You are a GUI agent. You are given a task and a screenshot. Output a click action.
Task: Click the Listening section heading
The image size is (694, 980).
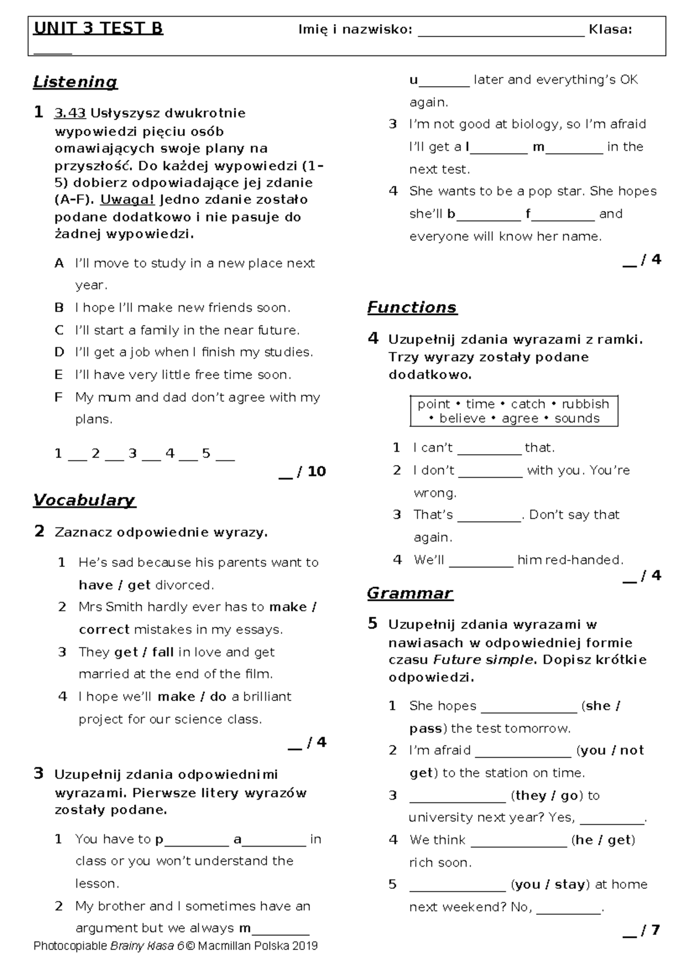[75, 82]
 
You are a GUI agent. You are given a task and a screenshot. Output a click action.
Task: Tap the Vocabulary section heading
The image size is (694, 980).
[84, 500]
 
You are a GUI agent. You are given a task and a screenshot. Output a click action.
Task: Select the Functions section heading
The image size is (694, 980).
[412, 307]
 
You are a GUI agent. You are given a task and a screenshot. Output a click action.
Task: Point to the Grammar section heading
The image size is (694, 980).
[409, 593]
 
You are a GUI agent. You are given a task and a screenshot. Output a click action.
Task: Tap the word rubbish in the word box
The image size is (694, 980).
[585, 404]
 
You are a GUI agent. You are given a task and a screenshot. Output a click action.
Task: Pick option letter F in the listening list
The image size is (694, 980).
[58, 398]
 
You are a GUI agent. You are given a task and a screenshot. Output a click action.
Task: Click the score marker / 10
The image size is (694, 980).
[311, 472]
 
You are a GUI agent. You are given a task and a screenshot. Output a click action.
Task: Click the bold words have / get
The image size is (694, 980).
[115, 585]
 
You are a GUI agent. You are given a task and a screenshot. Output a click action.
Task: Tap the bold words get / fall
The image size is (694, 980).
[144, 652]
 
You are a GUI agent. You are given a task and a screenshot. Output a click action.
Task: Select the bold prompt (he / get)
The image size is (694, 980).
[603, 840]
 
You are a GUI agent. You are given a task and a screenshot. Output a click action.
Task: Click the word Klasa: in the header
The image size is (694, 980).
[610, 29]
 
